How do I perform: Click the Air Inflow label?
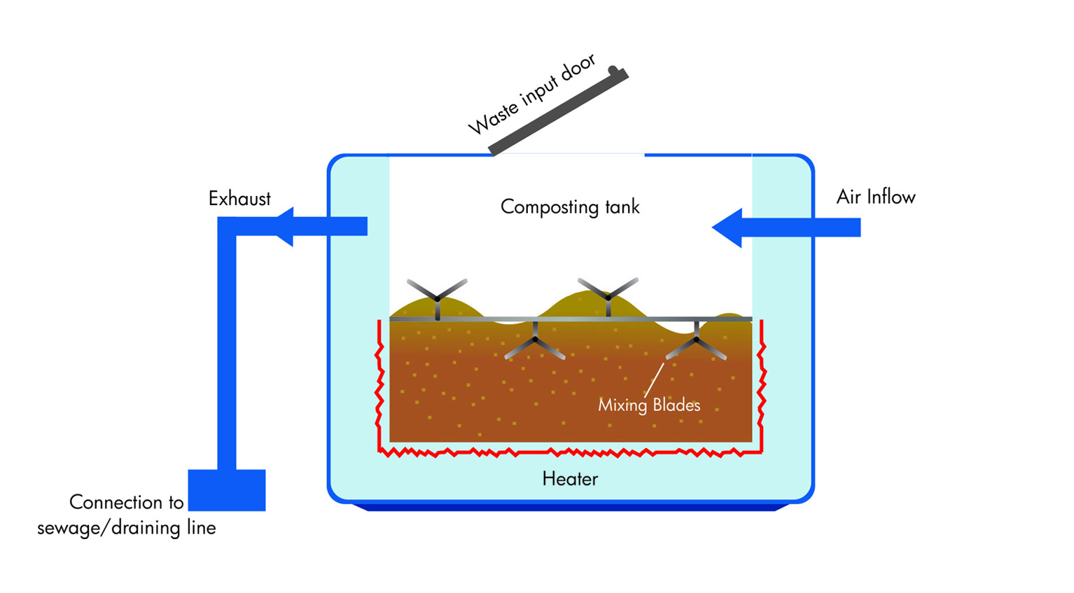click(x=875, y=197)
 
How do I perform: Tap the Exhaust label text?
click(x=239, y=199)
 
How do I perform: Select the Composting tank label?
click(x=570, y=207)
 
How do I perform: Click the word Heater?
click(x=570, y=479)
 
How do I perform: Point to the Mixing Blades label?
click(x=648, y=405)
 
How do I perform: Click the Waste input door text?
click(x=531, y=94)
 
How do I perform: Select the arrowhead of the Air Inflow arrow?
click(x=728, y=228)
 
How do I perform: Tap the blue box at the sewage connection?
click(x=227, y=490)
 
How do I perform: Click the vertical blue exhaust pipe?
click(x=227, y=350)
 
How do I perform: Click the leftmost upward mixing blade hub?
click(x=438, y=299)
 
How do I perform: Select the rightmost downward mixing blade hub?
click(x=696, y=340)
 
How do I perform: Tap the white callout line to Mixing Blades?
click(x=654, y=380)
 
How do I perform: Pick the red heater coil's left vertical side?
click(x=379, y=385)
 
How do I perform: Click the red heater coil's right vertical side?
click(x=762, y=385)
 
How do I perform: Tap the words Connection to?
click(x=126, y=502)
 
